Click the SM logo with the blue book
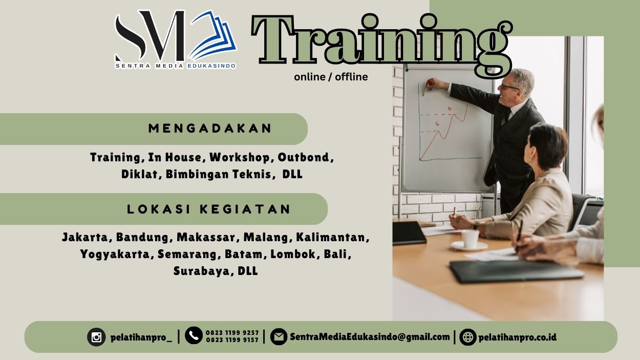(175, 39)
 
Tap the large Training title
(381, 41)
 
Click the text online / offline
(331, 77)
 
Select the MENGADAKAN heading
(210, 129)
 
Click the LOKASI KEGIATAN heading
(209, 209)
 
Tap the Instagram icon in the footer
(96, 337)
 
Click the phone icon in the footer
(194, 335)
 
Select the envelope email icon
(279, 337)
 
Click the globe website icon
(467, 337)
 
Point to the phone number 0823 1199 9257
(232, 332)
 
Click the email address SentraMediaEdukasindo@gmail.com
(370, 337)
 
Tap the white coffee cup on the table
(470, 239)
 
